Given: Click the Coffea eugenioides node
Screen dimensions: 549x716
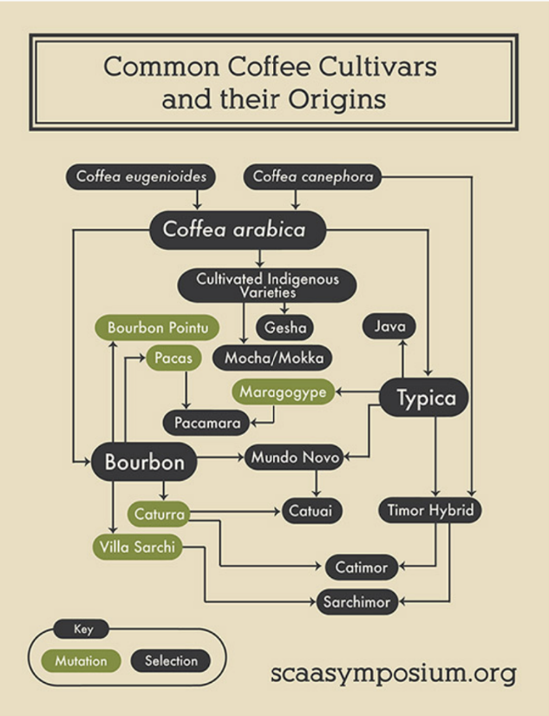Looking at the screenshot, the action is click(x=141, y=177).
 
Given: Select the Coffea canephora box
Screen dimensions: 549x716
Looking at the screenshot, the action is click(x=312, y=177).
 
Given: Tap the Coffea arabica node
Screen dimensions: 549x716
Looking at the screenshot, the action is click(x=238, y=230).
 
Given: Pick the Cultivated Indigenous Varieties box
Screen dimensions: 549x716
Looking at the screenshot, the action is click(x=267, y=286).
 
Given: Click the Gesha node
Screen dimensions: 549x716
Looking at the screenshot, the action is click(x=285, y=327).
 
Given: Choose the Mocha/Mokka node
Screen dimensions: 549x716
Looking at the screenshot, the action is click(x=273, y=358).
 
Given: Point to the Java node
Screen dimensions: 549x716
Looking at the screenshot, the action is click(x=389, y=326).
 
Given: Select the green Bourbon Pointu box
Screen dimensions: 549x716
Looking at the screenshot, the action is click(x=157, y=327).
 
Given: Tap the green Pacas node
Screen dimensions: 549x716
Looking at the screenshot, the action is click(x=173, y=358).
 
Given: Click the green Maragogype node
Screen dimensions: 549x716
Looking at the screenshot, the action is click(x=283, y=391).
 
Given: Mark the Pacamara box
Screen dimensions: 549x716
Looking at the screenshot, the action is click(x=206, y=423).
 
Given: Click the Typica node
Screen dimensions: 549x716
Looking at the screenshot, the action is click(x=424, y=397).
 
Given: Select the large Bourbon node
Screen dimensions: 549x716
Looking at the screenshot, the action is click(x=144, y=462).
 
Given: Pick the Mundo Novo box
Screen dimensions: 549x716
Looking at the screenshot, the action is click(x=294, y=457).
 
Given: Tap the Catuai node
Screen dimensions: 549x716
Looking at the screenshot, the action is click(x=312, y=510).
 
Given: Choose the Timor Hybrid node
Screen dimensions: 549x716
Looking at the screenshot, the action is click(x=430, y=510).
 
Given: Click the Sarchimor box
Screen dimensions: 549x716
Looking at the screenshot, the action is click(x=357, y=601).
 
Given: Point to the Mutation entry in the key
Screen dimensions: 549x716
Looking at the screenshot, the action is click(x=82, y=660).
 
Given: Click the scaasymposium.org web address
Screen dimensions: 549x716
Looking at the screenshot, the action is click(x=394, y=673).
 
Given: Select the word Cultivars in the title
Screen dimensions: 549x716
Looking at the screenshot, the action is click(x=377, y=67).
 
